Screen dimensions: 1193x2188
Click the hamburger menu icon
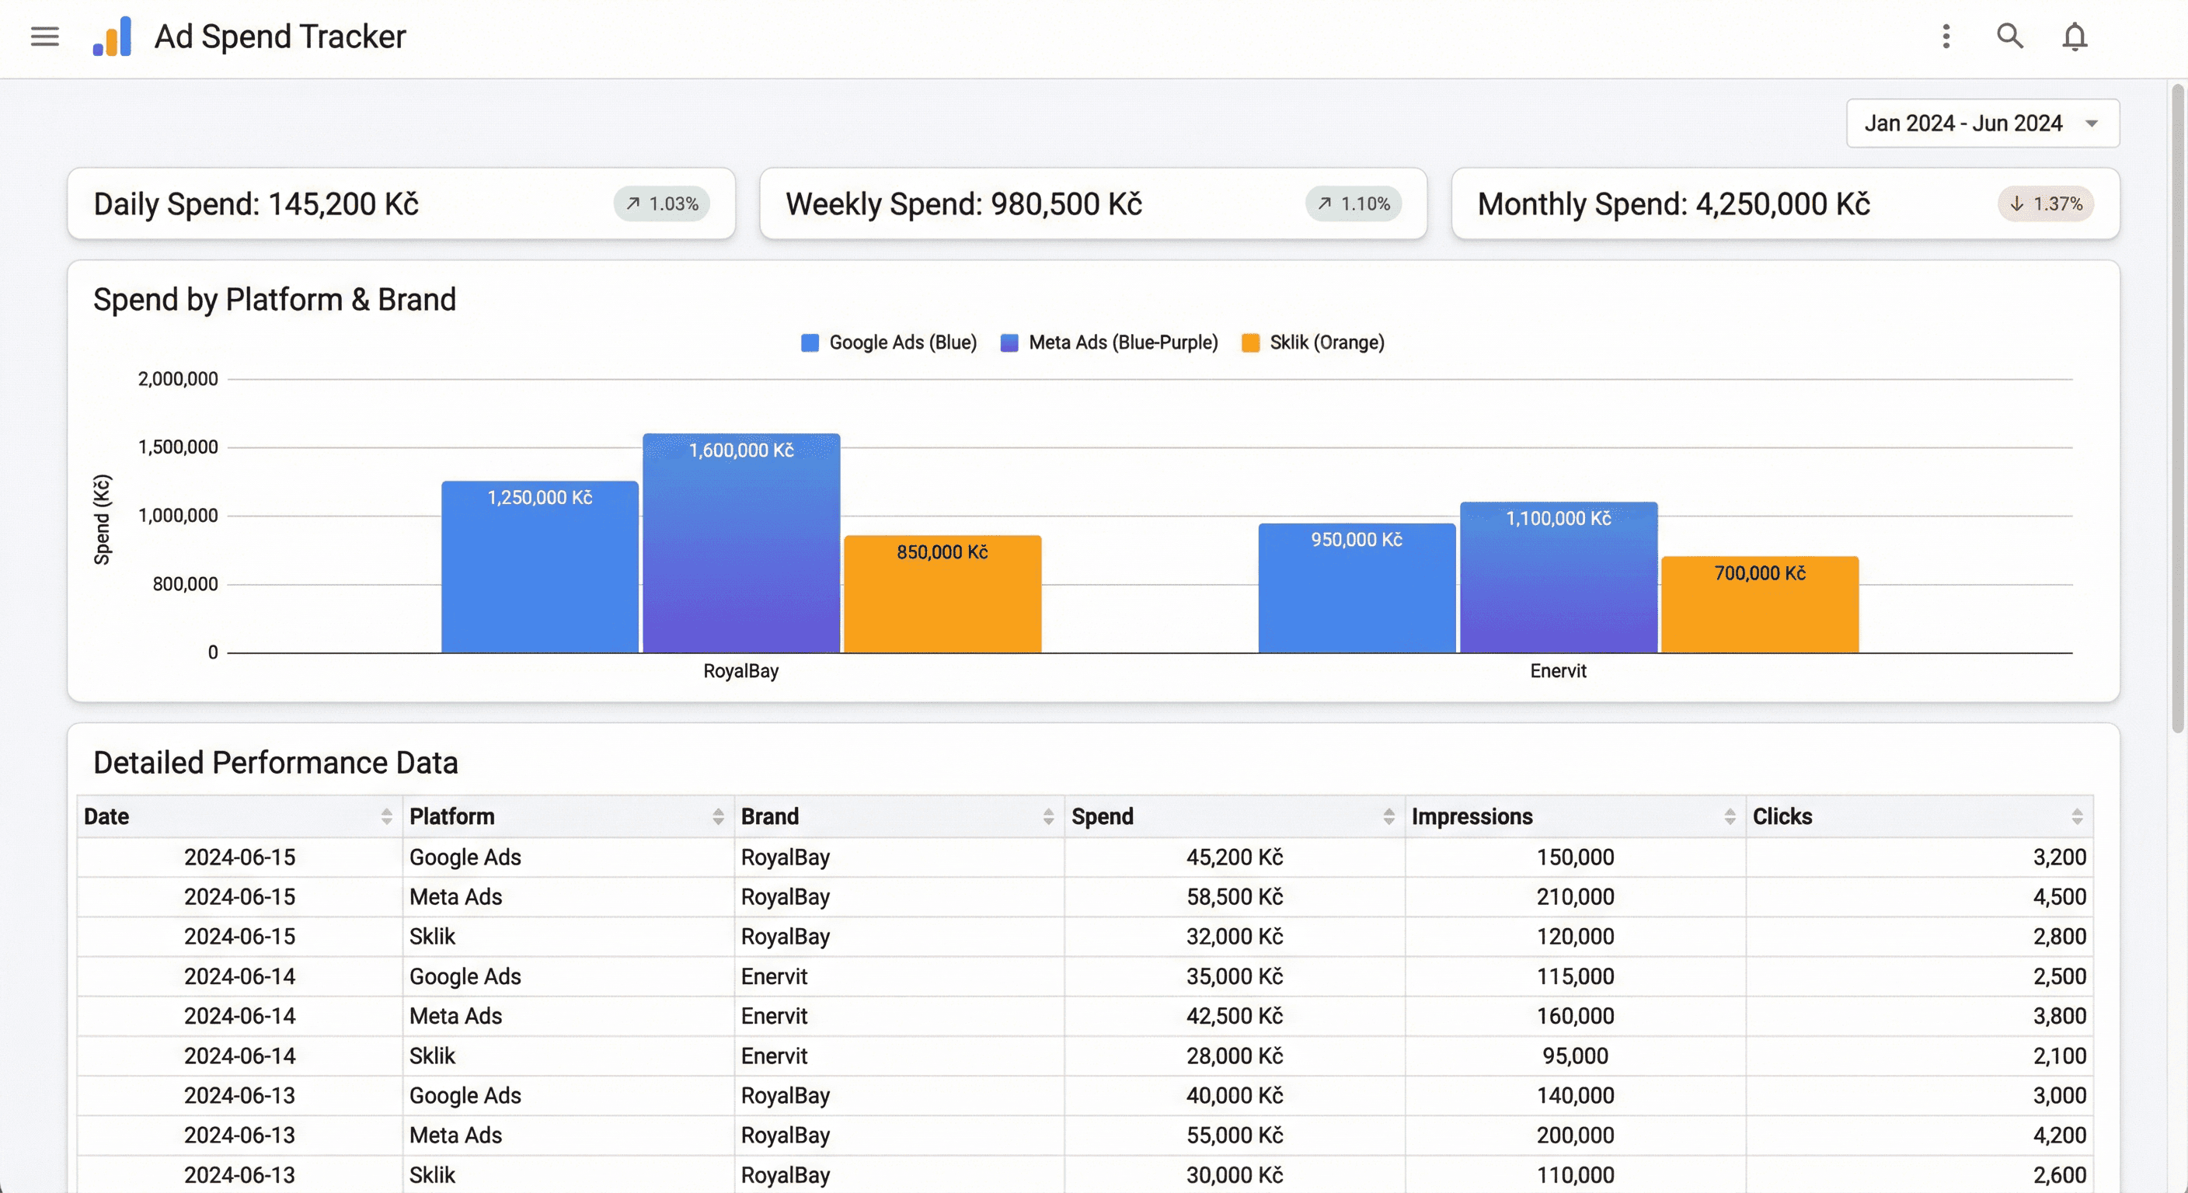click(x=44, y=37)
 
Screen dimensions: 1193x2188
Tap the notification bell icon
click(x=2075, y=37)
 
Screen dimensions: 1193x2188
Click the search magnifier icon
click(x=2009, y=36)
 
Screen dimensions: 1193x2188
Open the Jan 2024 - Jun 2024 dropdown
click(x=1981, y=123)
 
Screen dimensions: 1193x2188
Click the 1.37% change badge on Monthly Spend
click(x=2044, y=203)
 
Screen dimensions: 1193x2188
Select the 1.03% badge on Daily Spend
click(x=662, y=203)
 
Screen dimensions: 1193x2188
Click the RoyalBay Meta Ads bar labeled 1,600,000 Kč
click(x=740, y=544)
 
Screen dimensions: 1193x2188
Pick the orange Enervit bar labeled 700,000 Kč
click(x=1759, y=604)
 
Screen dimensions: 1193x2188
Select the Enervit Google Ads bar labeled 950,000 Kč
click(x=1356, y=589)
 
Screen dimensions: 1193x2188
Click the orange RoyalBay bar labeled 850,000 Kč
click(x=942, y=594)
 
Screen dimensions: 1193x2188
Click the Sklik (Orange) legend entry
click(x=1313, y=343)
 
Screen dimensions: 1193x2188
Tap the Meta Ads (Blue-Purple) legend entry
click(x=1110, y=343)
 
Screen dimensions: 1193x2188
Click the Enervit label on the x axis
click(x=1557, y=671)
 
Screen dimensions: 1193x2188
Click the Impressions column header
click(x=1471, y=816)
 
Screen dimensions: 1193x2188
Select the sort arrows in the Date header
click(x=386, y=816)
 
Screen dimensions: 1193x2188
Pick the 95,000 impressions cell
click(x=1574, y=1056)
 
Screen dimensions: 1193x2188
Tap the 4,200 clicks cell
click(x=2058, y=1136)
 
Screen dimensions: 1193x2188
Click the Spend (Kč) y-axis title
click(x=102, y=519)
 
